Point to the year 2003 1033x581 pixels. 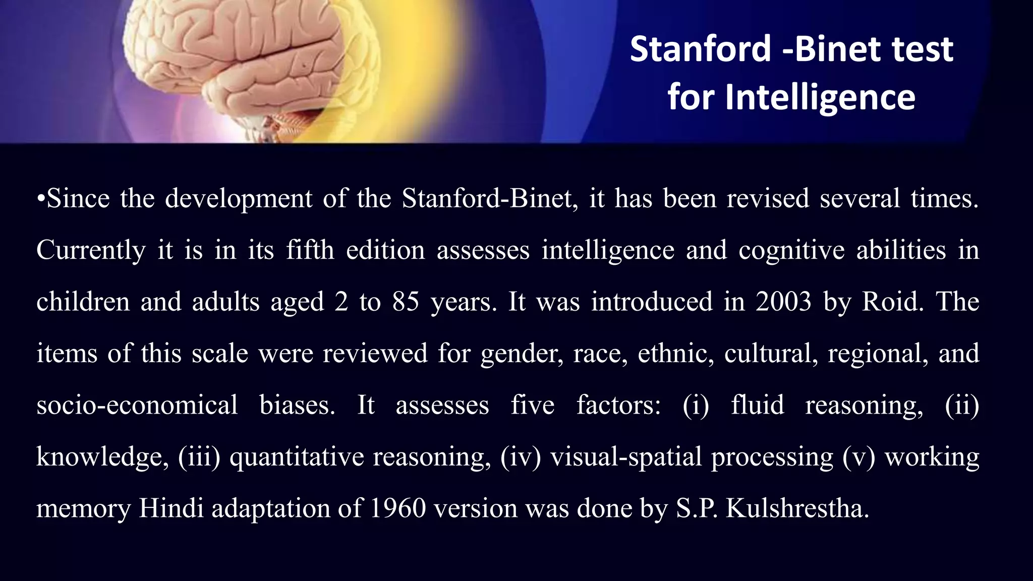(783, 302)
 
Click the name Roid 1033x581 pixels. (892, 302)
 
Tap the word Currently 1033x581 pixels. (91, 250)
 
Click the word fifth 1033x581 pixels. (310, 250)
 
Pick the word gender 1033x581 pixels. (522, 354)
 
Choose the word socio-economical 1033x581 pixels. (137, 405)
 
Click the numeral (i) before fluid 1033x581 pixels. (696, 405)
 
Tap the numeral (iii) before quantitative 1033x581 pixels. (199, 457)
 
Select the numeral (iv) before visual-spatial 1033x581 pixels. (520, 457)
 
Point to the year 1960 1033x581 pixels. (397, 508)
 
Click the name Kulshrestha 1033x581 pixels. (797, 508)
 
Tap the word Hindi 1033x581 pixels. (171, 508)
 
